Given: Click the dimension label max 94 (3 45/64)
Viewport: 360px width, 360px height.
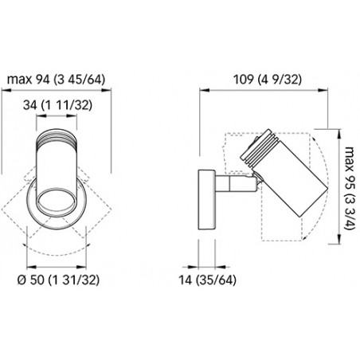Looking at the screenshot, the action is click(56, 80).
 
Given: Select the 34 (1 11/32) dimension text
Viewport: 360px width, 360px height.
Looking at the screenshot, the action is click(57, 105).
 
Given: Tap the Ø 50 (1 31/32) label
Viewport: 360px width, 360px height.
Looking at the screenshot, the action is click(58, 280).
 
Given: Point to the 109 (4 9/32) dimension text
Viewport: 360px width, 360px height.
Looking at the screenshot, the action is click(268, 80).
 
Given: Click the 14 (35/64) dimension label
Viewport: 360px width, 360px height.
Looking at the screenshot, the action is click(207, 280).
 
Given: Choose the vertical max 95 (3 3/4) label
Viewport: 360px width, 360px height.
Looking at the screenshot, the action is click(350, 188).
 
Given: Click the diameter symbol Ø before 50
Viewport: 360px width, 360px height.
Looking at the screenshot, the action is click(22, 280).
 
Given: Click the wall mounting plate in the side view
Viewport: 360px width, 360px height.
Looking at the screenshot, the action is click(207, 200).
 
